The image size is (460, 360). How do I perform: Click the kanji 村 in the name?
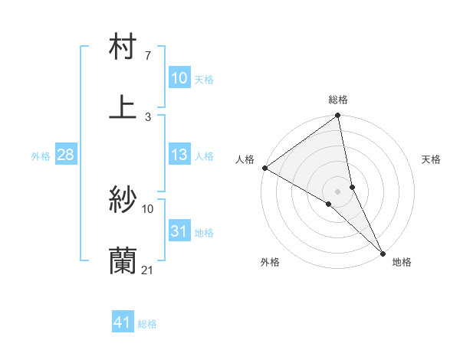click(x=123, y=47)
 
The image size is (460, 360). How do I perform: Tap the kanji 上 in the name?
click(x=123, y=106)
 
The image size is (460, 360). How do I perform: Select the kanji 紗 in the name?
click(x=123, y=200)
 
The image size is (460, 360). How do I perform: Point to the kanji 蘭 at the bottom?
click(x=123, y=260)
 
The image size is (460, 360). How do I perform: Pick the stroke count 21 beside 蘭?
click(x=149, y=270)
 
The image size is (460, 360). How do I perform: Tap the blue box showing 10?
click(x=179, y=78)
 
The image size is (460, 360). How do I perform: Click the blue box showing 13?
click(x=179, y=155)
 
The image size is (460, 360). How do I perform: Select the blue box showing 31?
click(x=179, y=231)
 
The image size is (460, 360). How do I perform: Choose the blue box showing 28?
click(x=66, y=155)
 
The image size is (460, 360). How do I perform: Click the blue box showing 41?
click(x=123, y=322)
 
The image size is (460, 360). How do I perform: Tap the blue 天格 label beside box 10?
click(x=203, y=80)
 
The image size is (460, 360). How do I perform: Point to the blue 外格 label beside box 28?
click(x=41, y=156)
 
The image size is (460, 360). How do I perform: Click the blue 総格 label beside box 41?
click(x=147, y=324)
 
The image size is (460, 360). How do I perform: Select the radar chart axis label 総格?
click(x=338, y=100)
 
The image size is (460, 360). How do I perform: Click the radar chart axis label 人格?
click(x=245, y=159)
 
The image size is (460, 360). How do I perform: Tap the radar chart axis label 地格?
click(x=402, y=262)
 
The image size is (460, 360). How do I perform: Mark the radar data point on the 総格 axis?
click(x=338, y=116)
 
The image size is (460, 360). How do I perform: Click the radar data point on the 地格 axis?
click(x=382, y=252)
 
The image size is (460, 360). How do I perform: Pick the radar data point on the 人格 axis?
click(x=264, y=168)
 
